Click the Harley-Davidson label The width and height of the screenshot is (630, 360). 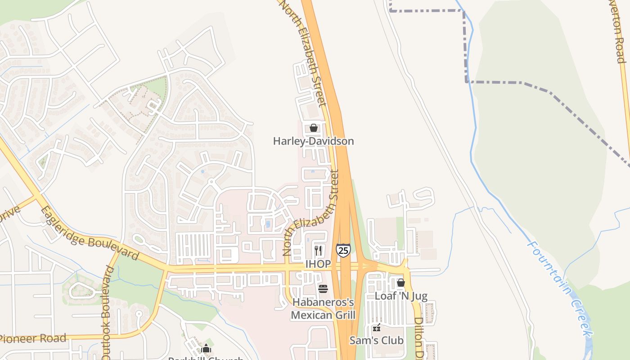click(313, 141)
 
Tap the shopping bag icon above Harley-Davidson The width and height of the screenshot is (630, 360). click(314, 128)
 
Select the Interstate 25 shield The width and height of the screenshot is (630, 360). click(343, 250)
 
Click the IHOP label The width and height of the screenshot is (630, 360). click(318, 264)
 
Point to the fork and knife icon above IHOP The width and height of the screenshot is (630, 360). click(318, 250)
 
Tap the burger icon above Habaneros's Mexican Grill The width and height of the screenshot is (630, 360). click(323, 288)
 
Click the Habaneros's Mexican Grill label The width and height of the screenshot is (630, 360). click(323, 308)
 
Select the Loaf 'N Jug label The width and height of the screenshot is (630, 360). click(401, 296)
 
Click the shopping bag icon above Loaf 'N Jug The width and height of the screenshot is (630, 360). click(401, 283)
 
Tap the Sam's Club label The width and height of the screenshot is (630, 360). click(377, 341)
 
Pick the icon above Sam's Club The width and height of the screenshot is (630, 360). click(377, 328)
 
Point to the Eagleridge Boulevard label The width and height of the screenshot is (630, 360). click(90, 233)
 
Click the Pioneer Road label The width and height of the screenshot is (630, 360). click(33, 338)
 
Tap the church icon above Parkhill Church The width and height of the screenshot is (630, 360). click(206, 348)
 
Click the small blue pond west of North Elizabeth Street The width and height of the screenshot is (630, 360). click(268, 224)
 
